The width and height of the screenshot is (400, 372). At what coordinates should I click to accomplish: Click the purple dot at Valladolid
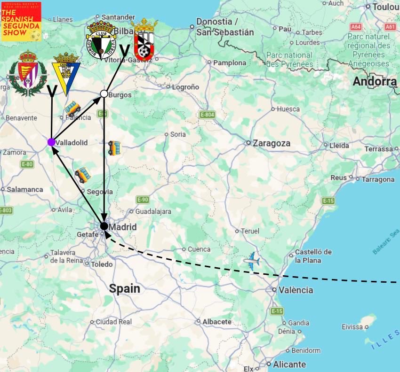pyautogui.click(x=51, y=142)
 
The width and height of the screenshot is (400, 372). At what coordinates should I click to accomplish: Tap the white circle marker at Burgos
pyautogui.click(x=104, y=93)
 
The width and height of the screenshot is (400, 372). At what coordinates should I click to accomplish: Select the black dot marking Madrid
pyautogui.click(x=104, y=226)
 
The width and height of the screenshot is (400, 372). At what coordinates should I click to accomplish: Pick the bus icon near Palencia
pyautogui.click(x=72, y=108)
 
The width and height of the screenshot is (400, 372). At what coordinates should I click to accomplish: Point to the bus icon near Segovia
pyautogui.click(x=83, y=175)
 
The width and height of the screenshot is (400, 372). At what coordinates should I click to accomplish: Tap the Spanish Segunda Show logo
pyautogui.click(x=21, y=21)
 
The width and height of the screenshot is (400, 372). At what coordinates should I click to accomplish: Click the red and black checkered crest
pyautogui.click(x=144, y=40)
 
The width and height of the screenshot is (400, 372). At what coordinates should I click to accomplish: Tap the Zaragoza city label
pyautogui.click(x=271, y=143)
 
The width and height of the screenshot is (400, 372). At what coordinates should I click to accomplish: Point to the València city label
pyautogui.click(x=296, y=290)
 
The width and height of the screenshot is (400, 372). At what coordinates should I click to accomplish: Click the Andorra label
pyautogui.click(x=375, y=81)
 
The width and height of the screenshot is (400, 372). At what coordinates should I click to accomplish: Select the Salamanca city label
pyautogui.click(x=25, y=189)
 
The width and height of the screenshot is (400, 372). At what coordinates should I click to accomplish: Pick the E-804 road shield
pyautogui.click(x=207, y=115)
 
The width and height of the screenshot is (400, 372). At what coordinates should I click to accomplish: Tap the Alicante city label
pyautogui.click(x=289, y=364)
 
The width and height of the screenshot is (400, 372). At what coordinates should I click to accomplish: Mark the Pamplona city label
pyautogui.click(x=230, y=62)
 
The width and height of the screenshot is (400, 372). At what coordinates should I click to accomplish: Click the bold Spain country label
pyautogui.click(x=125, y=288)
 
